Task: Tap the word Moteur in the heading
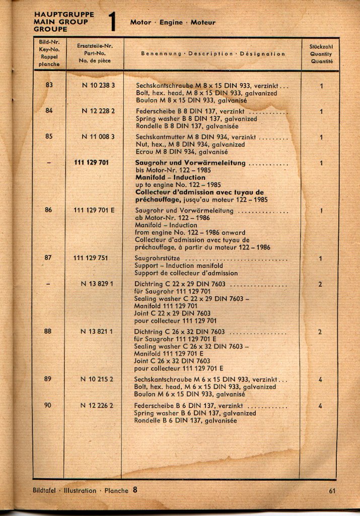point(203,23)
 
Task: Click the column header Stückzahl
point(321,47)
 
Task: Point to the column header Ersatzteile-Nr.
point(95,46)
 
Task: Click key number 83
point(49,85)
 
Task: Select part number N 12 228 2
point(98,110)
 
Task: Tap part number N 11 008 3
point(98,136)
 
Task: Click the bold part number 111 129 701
point(91,163)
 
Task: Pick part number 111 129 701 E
point(94,210)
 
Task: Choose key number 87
point(48,258)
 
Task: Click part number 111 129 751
point(91,258)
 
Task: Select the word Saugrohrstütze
point(158,259)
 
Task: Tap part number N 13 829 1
point(97,284)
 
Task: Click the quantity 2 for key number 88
point(320,332)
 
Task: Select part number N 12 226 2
point(97,405)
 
